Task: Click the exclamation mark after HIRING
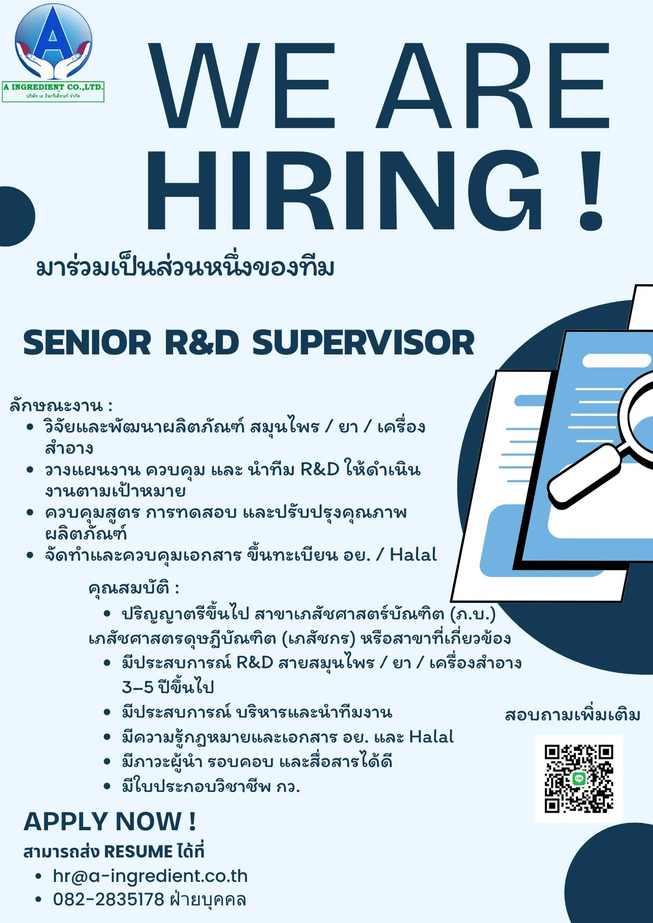591,190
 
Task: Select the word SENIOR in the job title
87,343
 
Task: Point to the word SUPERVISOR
363,343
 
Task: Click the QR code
579,778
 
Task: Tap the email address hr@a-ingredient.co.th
150,875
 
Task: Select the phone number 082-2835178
109,899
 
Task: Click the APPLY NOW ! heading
110,821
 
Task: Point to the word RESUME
138,851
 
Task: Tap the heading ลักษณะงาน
56,406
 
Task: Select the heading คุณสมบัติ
129,587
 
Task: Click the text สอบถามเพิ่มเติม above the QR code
573,714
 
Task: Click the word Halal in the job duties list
413,554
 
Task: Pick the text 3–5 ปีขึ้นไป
168,687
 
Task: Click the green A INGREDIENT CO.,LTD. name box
53,91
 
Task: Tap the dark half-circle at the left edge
17,216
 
